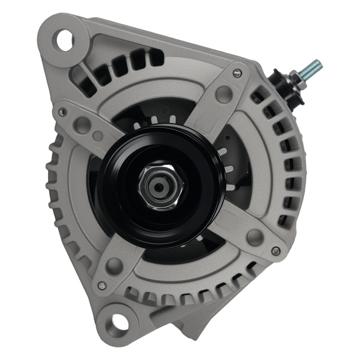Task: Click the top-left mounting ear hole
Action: pos(64,40)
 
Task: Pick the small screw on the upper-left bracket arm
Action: pos(62,111)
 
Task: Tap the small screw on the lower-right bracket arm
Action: pos(275,250)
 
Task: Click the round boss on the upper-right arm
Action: pos(224,94)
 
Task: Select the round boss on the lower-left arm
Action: pos(115,265)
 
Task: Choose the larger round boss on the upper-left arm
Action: pos(82,125)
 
